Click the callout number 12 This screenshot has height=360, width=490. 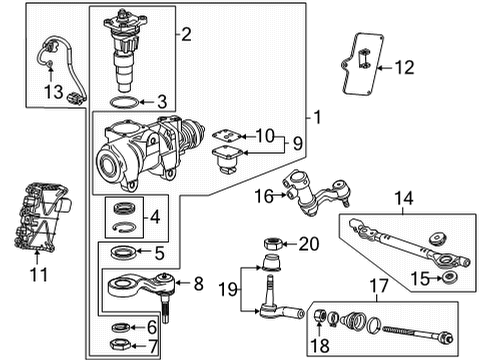404,67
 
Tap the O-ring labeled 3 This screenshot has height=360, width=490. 124,98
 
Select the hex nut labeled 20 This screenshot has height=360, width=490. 273,244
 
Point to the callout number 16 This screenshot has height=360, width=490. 264,196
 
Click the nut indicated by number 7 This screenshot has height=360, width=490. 120,344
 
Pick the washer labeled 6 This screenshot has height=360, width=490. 121,327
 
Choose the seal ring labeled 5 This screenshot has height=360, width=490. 123,252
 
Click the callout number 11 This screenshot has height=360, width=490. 39,275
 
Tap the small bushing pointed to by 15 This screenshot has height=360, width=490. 449,277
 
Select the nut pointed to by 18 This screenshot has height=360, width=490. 319,315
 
